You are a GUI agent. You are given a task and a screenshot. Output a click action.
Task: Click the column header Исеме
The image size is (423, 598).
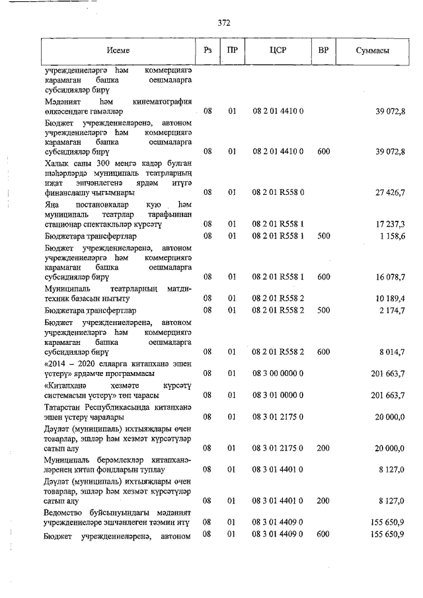click(120, 51)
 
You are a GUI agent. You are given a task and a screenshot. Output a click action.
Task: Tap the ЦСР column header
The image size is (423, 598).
click(278, 51)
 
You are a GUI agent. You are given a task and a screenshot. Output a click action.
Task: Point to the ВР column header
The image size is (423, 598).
click(324, 51)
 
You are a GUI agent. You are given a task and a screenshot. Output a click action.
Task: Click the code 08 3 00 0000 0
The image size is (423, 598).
click(278, 373)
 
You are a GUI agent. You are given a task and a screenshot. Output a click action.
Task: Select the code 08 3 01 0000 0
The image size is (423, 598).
click(278, 395)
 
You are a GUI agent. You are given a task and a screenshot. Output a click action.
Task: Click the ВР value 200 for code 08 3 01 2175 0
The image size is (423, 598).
click(323, 448)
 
